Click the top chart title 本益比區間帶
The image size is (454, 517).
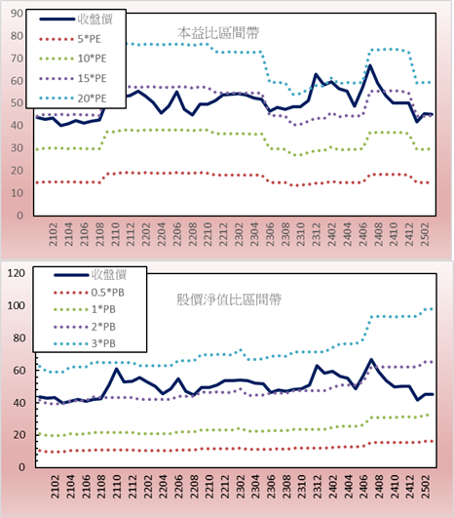click(218, 33)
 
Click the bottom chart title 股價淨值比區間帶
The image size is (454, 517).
click(229, 299)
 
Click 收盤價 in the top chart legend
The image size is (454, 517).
click(95, 20)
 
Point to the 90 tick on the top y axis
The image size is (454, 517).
click(17, 14)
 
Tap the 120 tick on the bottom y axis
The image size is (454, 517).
click(17, 273)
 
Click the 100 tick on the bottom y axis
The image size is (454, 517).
click(17, 305)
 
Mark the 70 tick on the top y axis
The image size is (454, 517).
click(17, 59)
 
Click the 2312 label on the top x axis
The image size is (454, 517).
click(316, 234)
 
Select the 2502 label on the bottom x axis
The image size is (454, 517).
click(426, 487)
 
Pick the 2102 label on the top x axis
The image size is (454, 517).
click(54, 234)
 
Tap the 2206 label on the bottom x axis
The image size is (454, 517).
click(178, 487)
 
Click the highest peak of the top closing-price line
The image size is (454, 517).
click(370, 65)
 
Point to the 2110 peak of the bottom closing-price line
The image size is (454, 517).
click(116, 369)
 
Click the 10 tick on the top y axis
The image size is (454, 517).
click(17, 193)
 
